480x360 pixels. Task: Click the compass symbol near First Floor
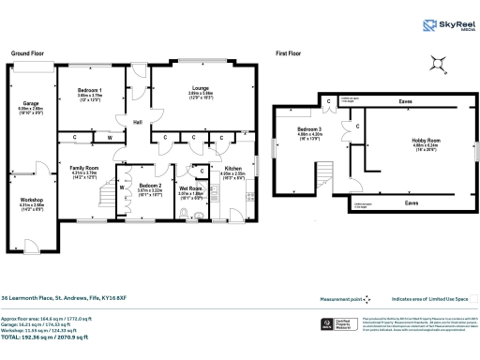pos(437,64)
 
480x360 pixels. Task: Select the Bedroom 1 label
pos(90,90)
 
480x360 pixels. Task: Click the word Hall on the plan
pos(137,122)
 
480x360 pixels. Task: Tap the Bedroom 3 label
pos(309,130)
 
